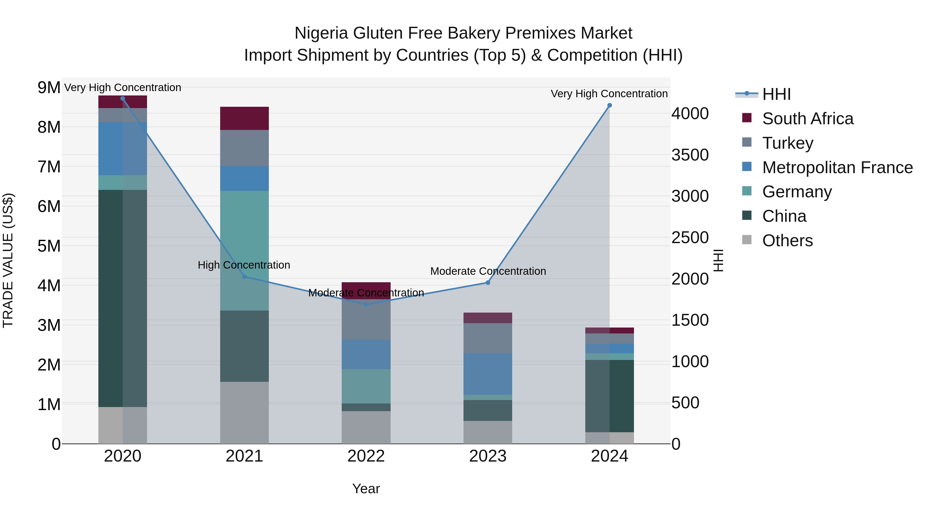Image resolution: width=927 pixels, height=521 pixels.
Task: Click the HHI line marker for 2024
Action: click(609, 105)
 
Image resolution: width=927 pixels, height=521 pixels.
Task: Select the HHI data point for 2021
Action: click(244, 277)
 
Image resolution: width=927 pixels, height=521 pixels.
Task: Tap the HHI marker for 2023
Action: click(488, 282)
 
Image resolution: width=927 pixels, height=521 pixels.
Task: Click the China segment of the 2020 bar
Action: click(122, 298)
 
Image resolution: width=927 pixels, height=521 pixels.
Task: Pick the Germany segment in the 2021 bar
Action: click(244, 251)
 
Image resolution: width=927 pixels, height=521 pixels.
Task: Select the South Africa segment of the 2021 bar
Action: click(244, 118)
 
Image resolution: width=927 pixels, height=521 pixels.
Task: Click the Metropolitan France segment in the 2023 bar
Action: click(488, 374)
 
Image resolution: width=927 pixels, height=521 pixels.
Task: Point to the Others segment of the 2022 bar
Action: click(366, 427)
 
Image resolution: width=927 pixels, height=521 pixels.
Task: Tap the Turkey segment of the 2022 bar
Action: click(366, 320)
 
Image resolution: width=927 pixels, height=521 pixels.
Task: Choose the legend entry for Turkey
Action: click(787, 143)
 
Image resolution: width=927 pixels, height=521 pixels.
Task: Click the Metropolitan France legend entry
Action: click(837, 167)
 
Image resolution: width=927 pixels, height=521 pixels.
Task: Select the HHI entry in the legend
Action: click(776, 94)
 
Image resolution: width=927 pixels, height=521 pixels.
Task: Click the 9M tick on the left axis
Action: click(49, 88)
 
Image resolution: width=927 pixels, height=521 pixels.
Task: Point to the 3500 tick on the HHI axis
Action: click(690, 155)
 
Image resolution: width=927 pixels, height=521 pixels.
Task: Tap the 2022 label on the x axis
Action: click(366, 456)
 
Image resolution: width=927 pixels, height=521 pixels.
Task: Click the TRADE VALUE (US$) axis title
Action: click(8, 260)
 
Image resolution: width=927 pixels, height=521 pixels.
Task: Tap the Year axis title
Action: click(366, 489)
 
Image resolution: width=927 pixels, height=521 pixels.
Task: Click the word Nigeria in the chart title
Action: click(322, 33)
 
